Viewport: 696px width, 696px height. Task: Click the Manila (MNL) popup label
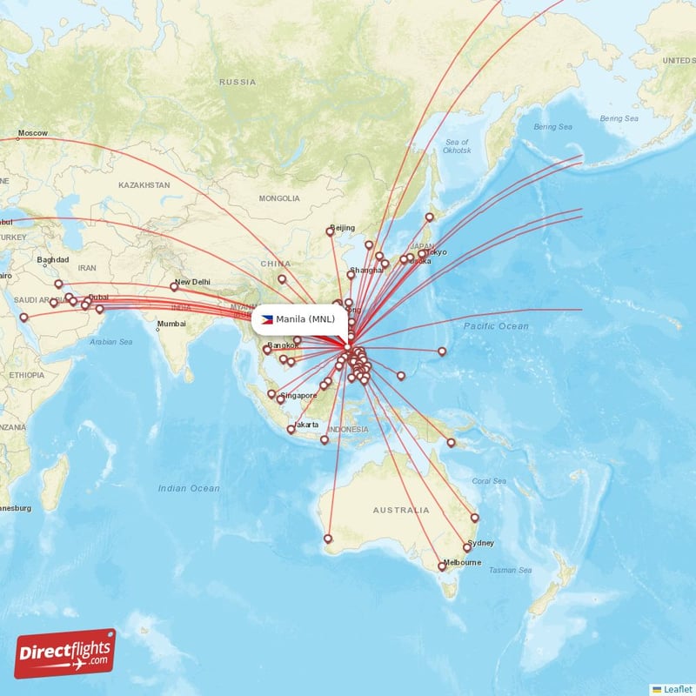click(305, 319)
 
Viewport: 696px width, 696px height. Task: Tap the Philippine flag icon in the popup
click(267, 319)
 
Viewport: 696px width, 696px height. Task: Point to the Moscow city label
click(33, 132)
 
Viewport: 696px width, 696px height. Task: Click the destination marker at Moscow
click(17, 137)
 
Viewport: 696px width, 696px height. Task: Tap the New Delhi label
click(192, 282)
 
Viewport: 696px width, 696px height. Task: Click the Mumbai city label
click(171, 325)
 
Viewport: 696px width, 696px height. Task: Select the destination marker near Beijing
click(330, 231)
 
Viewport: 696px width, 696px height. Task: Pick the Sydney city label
click(480, 543)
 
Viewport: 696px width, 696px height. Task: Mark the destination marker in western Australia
click(328, 539)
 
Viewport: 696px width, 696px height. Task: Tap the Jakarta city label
click(306, 425)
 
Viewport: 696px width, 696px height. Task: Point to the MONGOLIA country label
click(278, 198)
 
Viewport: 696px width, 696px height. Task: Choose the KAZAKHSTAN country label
click(144, 185)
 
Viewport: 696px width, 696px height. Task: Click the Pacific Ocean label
click(496, 325)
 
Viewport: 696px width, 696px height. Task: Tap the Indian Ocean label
click(189, 488)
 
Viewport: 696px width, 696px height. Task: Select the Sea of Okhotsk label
click(458, 146)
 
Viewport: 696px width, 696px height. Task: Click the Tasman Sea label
click(507, 570)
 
